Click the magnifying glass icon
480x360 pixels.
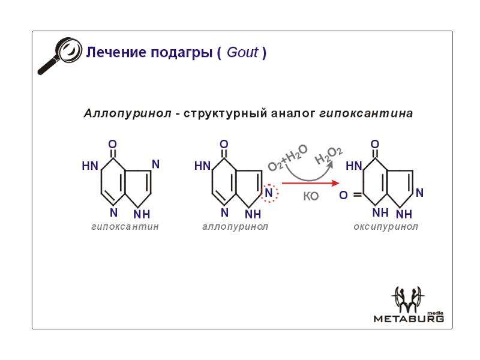tap(60, 55)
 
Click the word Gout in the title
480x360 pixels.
tap(242, 52)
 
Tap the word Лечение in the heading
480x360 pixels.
tap(116, 52)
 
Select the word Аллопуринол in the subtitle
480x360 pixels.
tap(128, 113)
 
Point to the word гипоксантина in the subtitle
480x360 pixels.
tap(366, 113)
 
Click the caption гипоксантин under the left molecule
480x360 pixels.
tap(125, 227)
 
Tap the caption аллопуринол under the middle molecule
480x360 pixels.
tap(235, 227)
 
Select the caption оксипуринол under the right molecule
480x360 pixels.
tap(386, 227)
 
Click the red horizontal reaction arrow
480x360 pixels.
tap(310, 184)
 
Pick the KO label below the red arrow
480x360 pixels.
tap(311, 196)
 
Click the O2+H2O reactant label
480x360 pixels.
tap(288, 158)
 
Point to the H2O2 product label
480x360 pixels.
tap(329, 155)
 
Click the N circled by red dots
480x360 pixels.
tap(268, 193)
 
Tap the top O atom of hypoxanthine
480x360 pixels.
tap(113, 144)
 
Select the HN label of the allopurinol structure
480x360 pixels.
tap(202, 166)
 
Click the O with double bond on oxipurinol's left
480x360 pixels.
tap(343, 195)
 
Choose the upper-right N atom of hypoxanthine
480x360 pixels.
tap(155, 164)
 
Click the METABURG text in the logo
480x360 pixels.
tap(409, 319)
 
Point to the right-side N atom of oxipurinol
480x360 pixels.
tap(419, 193)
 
